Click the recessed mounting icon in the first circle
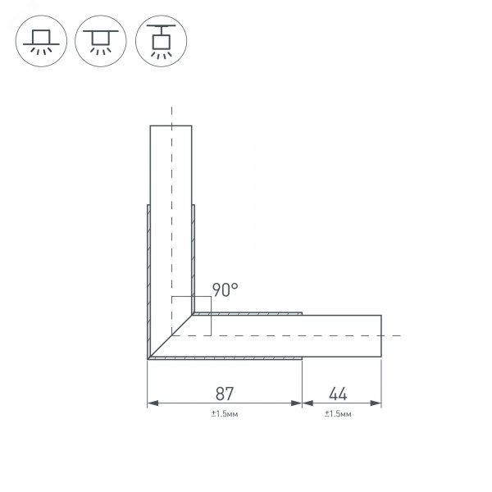(x=41, y=42)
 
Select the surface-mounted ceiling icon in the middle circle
(x=101, y=42)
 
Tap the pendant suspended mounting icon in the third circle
(x=162, y=41)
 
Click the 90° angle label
(x=225, y=289)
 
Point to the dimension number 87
(x=225, y=394)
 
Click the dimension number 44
(x=338, y=394)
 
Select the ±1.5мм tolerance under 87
(x=225, y=414)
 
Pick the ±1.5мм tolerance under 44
(x=338, y=414)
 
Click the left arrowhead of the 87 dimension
(x=153, y=403)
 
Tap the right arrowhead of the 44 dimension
(x=376, y=403)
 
